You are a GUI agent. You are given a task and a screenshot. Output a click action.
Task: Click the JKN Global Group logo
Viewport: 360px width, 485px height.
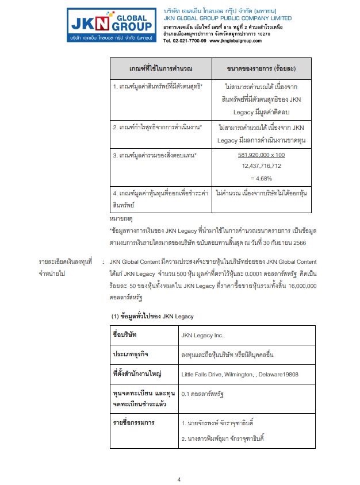(110, 24)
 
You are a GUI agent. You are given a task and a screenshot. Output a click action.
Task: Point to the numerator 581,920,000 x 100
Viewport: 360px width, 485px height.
(262, 155)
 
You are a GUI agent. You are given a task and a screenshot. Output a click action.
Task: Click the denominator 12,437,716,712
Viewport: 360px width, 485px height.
(262, 166)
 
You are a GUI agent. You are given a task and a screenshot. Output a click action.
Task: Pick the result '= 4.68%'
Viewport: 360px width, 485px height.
(262, 178)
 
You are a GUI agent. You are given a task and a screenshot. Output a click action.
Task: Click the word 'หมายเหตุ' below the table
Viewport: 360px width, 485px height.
(120, 220)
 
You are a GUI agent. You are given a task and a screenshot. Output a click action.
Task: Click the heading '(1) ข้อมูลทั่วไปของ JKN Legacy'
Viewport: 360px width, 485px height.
(152, 316)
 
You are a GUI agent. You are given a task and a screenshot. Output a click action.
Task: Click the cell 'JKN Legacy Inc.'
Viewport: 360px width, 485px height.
(202, 335)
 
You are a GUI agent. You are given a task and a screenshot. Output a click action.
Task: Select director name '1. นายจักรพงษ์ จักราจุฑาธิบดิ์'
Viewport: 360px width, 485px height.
(217, 424)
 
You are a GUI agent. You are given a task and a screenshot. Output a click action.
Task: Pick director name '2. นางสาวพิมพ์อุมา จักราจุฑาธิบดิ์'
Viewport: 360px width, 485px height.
(222, 440)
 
